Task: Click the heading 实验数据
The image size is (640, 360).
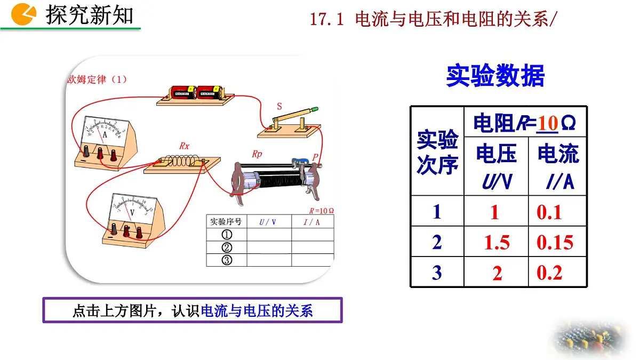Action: pos(495,76)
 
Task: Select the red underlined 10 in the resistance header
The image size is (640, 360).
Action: pos(548,123)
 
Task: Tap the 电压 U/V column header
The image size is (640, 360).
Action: pos(496,167)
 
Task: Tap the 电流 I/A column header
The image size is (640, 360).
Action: pos(558,167)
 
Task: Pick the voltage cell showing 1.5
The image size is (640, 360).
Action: pos(497,243)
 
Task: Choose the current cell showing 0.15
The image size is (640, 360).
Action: pos(555,243)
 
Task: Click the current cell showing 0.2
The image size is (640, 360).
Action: pos(550,273)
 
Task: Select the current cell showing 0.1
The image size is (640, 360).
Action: pos(550,212)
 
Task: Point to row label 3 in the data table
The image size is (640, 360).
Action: pos(437,273)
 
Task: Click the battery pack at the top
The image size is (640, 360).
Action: pos(195,95)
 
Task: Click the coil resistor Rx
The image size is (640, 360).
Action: pos(182,163)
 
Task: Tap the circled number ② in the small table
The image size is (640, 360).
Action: pos(227,247)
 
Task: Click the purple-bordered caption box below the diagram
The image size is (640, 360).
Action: pos(193,310)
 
